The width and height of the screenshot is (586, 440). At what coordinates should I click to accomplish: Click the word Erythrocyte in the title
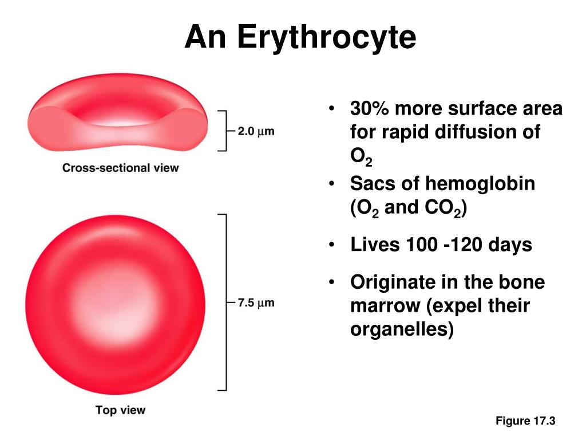click(326, 37)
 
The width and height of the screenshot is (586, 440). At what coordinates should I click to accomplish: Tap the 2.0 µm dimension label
click(256, 131)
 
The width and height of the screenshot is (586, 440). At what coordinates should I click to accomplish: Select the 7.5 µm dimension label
click(256, 302)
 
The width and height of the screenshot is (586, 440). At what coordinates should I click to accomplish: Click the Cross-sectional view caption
click(120, 168)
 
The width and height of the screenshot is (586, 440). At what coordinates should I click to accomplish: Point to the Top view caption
click(120, 410)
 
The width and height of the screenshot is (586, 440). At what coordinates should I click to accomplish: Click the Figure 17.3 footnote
click(525, 421)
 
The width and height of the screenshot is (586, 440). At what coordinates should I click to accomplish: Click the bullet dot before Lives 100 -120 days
click(331, 245)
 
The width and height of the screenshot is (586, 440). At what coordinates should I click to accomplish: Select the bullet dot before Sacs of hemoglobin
click(331, 184)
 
